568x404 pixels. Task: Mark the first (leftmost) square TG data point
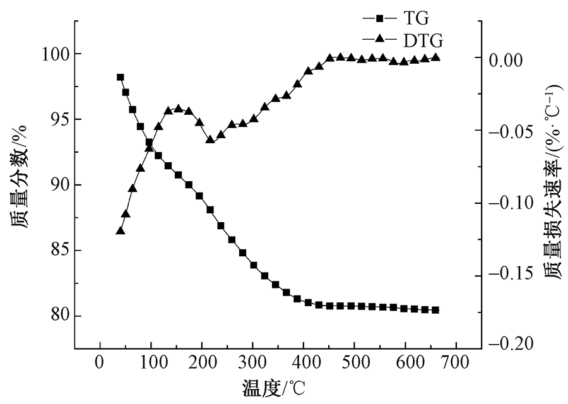120,77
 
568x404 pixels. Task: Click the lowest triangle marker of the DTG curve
120,231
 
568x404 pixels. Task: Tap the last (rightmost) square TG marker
435,310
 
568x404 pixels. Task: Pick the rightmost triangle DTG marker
435,57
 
